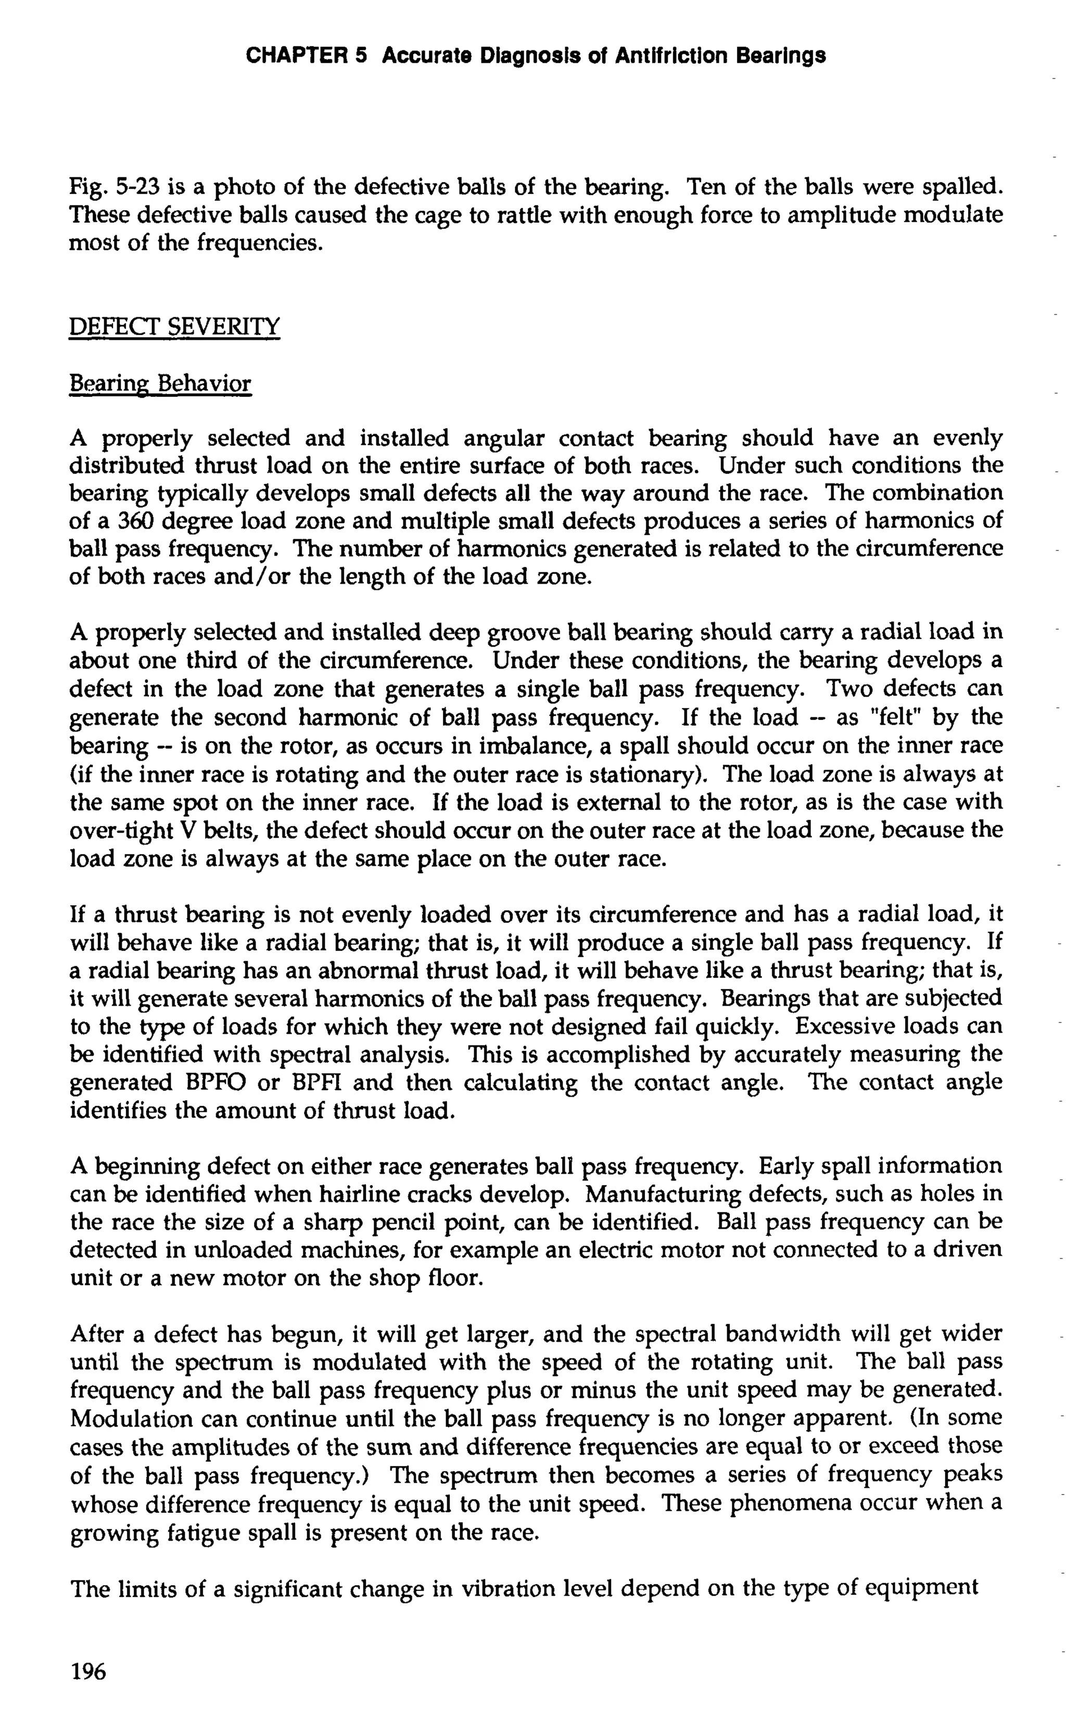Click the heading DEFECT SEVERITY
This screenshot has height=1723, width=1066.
[174, 327]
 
